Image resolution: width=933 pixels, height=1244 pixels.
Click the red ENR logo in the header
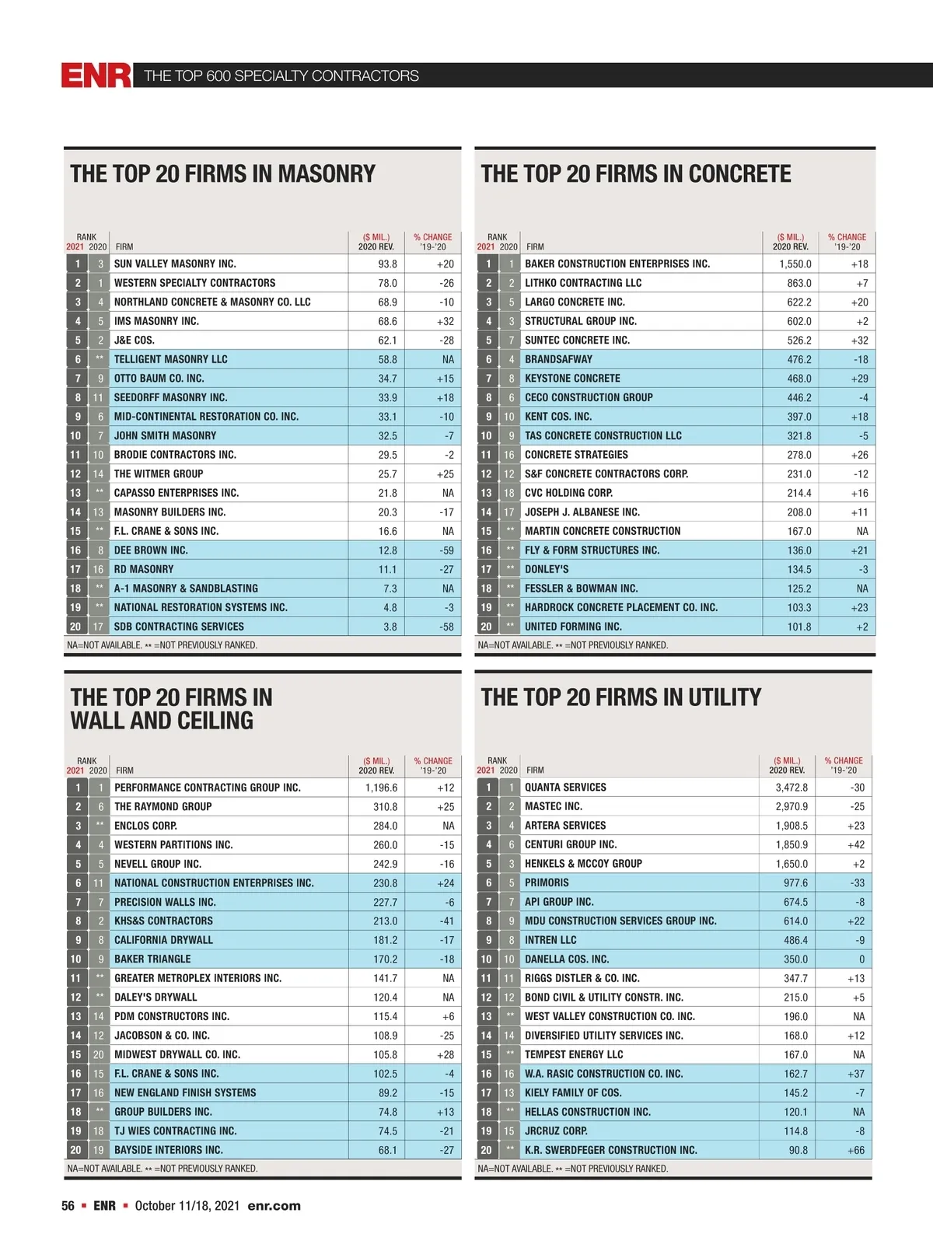(x=96, y=75)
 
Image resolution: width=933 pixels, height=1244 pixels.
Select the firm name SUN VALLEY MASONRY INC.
(x=175, y=264)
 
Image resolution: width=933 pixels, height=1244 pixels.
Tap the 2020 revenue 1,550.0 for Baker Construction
(x=795, y=264)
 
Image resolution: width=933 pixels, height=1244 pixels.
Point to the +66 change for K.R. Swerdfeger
(x=855, y=1150)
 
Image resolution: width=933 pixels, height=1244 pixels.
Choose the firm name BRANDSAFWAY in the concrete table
(x=558, y=359)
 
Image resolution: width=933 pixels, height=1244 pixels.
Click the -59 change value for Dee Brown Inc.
(x=446, y=550)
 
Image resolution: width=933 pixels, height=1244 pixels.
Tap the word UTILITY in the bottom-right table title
(x=724, y=697)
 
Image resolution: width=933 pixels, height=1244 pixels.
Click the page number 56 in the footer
(x=68, y=1206)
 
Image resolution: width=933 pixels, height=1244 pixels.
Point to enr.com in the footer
(x=274, y=1206)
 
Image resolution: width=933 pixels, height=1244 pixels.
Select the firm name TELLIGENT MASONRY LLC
(x=171, y=359)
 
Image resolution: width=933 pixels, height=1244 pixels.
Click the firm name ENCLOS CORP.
(x=145, y=826)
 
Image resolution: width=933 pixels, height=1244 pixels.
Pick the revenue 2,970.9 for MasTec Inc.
(x=791, y=806)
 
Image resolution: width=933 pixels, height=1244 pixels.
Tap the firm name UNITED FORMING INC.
(x=573, y=627)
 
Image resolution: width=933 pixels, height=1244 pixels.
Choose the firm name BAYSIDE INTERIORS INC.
(x=168, y=1150)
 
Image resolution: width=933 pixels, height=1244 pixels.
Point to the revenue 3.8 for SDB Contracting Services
(x=390, y=627)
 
